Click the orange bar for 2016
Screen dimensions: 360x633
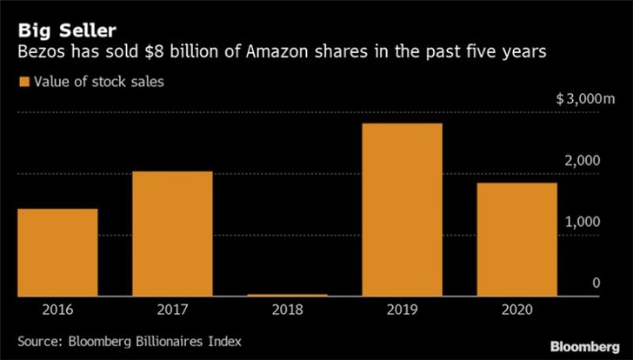click(57, 252)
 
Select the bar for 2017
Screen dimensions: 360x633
click(172, 233)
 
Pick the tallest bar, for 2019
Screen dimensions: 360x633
click(403, 210)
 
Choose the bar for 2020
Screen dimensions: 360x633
click(517, 239)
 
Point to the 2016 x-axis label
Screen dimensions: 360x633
click(57, 310)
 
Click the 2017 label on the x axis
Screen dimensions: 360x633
click(172, 310)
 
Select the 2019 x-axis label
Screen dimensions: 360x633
click(403, 310)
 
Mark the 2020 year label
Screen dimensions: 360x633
click(517, 310)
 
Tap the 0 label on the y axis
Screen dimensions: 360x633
click(596, 283)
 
